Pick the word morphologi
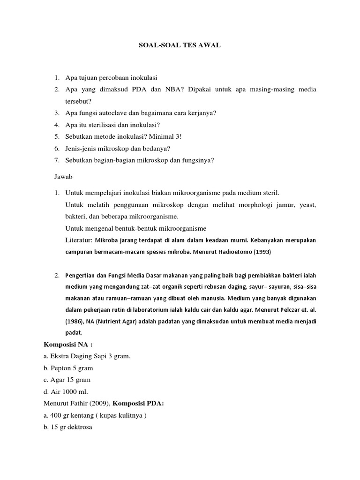[x=234, y=205]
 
